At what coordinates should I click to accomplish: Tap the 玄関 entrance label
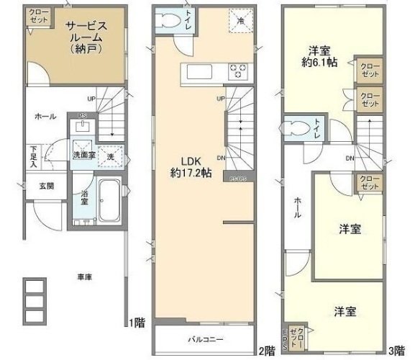[x=36, y=186]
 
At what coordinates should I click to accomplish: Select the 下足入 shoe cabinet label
[x=33, y=156]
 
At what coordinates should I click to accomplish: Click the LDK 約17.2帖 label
[x=191, y=167]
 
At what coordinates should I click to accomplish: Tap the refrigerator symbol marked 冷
[x=241, y=19]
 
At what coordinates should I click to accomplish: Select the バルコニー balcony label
[x=206, y=339]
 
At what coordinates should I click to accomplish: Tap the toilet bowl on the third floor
[x=295, y=128]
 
